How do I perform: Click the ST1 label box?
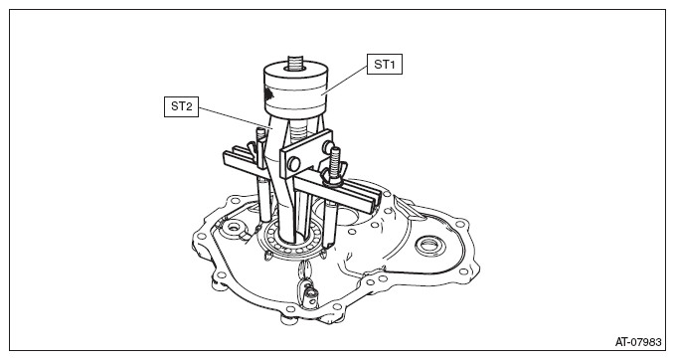point(385,65)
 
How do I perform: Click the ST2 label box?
point(181,106)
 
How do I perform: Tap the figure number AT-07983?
point(638,342)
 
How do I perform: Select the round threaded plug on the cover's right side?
point(429,247)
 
